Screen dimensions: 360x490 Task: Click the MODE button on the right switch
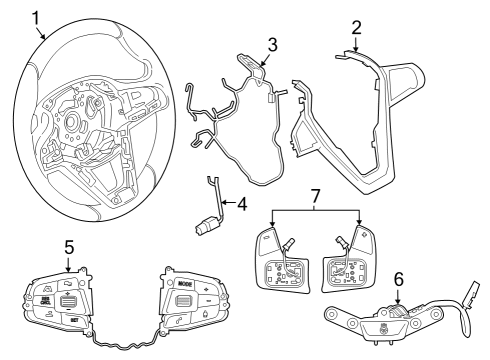183,284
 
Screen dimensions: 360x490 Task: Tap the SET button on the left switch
75,319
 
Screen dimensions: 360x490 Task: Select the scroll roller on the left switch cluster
68,300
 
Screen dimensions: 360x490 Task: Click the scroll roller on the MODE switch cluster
183,301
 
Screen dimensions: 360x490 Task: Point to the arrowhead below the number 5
68,269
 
